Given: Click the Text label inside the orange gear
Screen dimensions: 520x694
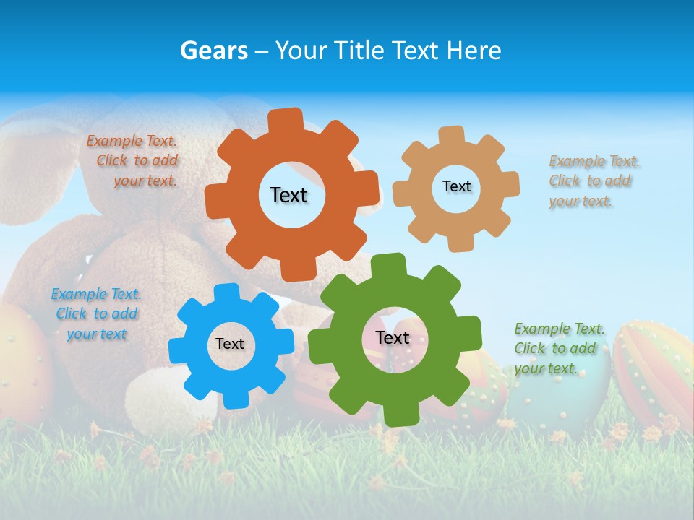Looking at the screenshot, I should pyautogui.click(x=288, y=195).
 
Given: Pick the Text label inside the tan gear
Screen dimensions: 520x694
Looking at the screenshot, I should pyautogui.click(x=456, y=186).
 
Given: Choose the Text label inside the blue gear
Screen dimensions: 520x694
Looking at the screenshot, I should pyautogui.click(x=230, y=344).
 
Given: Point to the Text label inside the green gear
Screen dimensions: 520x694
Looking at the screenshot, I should pyautogui.click(x=393, y=338).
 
